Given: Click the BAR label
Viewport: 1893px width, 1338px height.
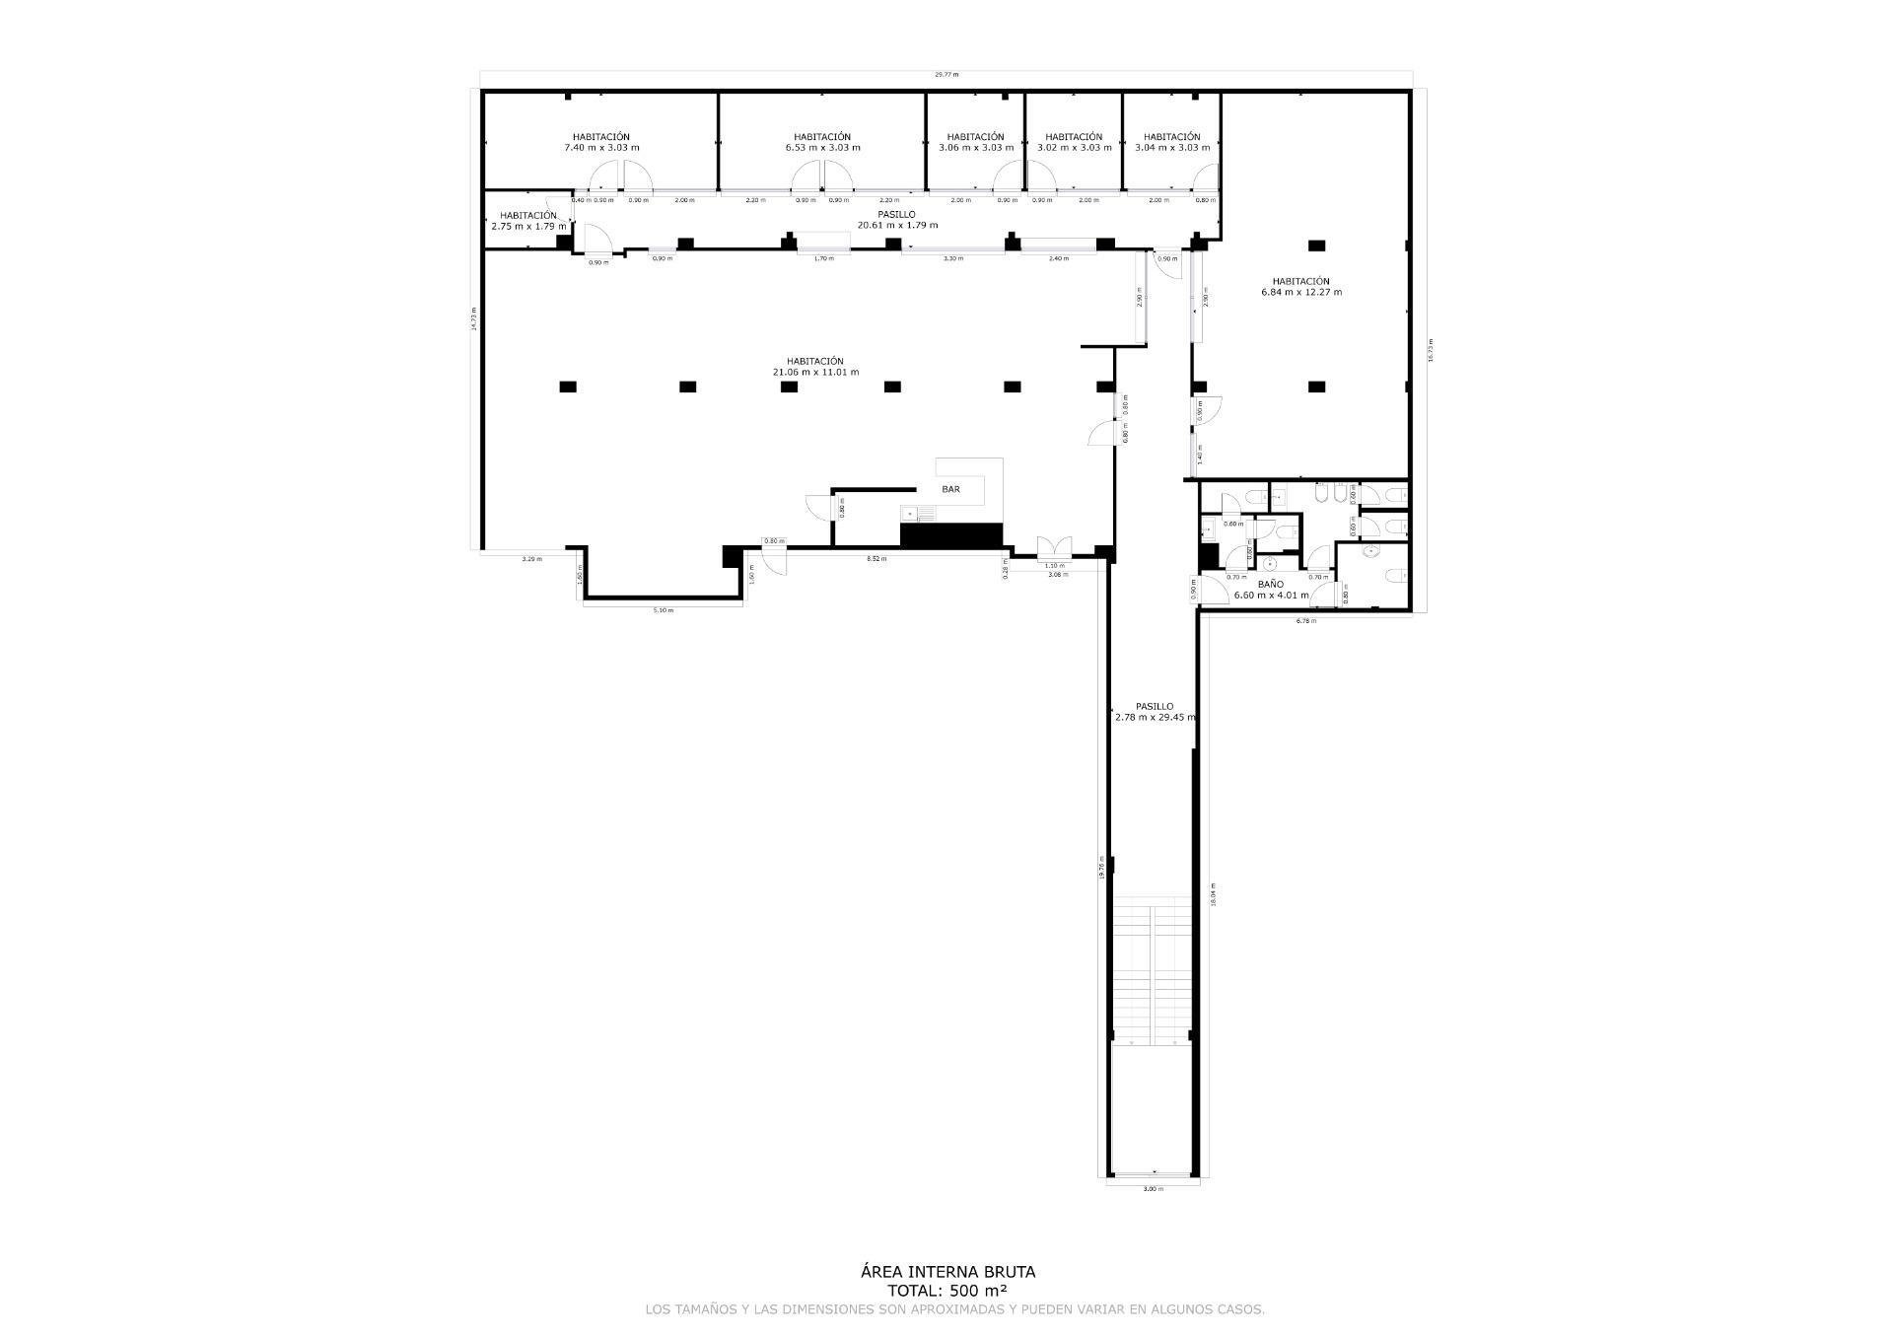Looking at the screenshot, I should [x=950, y=489].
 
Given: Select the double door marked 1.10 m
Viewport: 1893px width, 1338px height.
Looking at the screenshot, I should [x=1054, y=548].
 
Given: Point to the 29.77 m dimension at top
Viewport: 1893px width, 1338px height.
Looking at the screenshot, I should [x=946, y=74].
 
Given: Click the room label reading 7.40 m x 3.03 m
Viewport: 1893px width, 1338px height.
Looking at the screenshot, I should [x=600, y=143].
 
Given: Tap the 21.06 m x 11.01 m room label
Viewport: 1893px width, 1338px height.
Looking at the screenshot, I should [x=815, y=367].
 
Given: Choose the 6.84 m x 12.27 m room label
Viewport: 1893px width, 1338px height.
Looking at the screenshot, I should [x=1300, y=287].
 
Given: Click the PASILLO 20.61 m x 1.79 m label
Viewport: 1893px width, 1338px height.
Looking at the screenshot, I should [x=896, y=220].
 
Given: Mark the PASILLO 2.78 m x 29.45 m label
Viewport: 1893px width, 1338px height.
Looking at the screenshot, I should [x=1154, y=712].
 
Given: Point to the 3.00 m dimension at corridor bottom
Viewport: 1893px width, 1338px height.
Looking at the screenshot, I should [x=1153, y=1189].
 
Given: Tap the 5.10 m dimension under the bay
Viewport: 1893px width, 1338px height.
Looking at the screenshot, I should [x=663, y=610].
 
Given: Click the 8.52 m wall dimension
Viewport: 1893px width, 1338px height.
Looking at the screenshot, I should [x=876, y=559].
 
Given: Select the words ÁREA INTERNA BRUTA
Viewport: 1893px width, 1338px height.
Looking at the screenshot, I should [x=947, y=1272].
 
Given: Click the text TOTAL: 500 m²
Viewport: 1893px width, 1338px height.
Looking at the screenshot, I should [x=947, y=1290].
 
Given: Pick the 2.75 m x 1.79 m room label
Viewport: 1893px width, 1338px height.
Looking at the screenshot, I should [x=528, y=221].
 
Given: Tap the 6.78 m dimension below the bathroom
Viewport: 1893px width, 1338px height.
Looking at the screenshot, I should [x=1305, y=621].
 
